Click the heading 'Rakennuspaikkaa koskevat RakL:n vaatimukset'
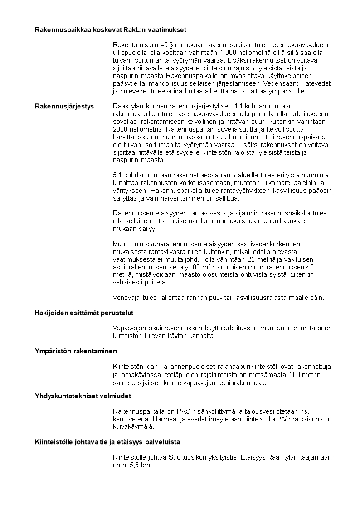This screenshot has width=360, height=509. click(x=111, y=29)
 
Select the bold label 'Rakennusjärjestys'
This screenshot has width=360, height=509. click(x=64, y=106)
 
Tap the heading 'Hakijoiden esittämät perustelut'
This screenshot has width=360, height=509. click(x=84, y=313)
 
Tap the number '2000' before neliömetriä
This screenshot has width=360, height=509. click(x=120, y=129)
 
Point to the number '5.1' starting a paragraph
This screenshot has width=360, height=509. click(x=117, y=175)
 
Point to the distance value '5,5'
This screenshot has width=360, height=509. click(x=135, y=465)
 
